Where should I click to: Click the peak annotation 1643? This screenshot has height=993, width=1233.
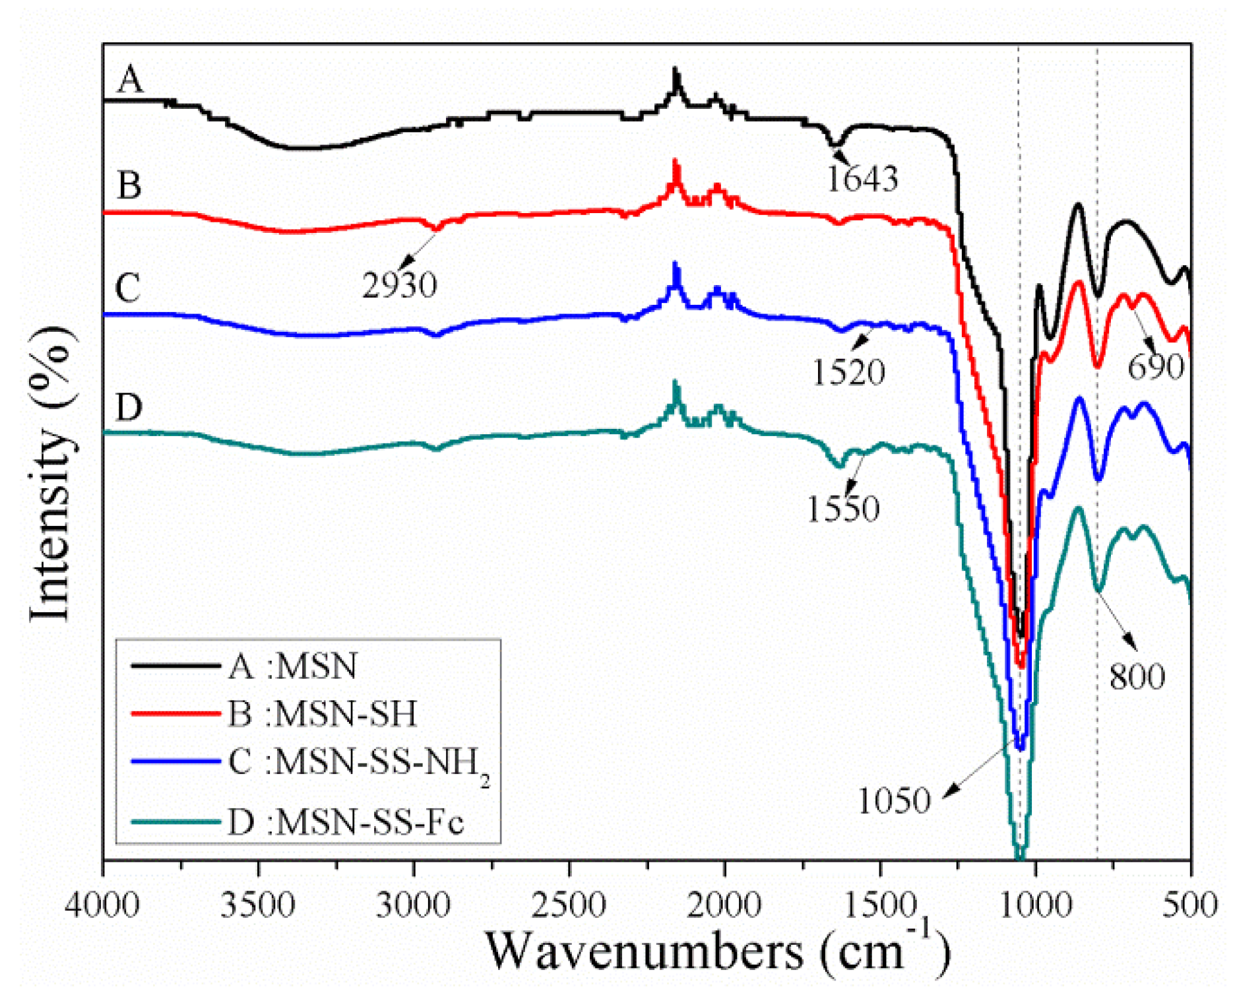tap(862, 179)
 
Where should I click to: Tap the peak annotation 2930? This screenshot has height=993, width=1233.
tap(399, 285)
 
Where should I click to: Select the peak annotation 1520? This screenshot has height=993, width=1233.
tap(848, 372)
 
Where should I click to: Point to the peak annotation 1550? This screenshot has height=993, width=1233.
tap(843, 508)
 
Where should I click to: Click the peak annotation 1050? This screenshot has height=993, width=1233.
tap(894, 800)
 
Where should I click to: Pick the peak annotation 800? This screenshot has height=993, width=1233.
tap(1137, 676)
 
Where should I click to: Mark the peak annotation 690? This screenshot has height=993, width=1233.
tap(1155, 367)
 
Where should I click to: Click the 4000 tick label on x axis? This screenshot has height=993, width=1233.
tap(102, 905)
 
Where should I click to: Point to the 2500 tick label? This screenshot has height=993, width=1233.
tap(569, 905)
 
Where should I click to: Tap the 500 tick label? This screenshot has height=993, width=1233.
tap(1190, 905)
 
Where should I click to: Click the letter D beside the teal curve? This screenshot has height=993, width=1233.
tap(129, 407)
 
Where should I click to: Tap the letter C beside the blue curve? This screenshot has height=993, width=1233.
tap(128, 288)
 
